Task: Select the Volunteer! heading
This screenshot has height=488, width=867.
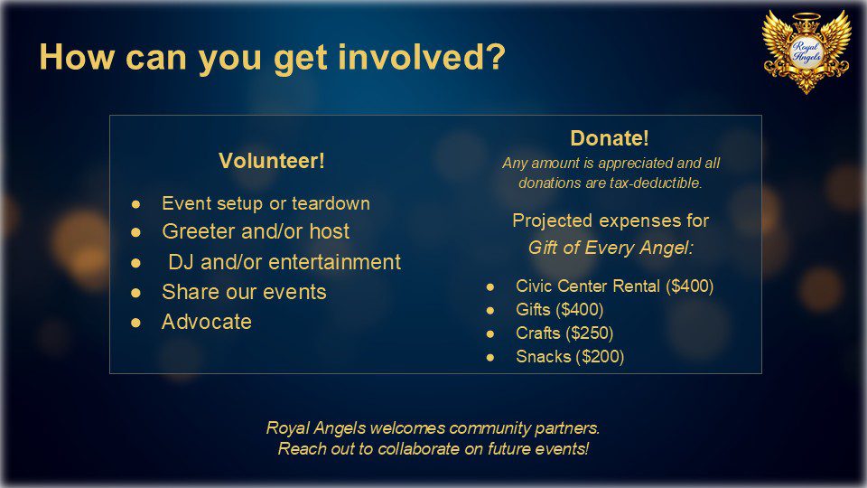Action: [x=272, y=161]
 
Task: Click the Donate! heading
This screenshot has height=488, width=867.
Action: [x=610, y=138]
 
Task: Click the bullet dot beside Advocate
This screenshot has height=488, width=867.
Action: [x=135, y=322]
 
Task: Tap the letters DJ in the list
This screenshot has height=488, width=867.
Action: [x=181, y=262]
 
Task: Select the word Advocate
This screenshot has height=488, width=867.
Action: [x=207, y=322]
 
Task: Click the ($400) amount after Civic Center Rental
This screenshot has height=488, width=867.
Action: [x=689, y=286]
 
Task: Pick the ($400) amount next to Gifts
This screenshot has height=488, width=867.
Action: [x=579, y=309]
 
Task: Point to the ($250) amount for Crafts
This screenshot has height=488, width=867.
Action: [x=590, y=333]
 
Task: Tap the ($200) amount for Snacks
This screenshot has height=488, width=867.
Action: [x=600, y=357]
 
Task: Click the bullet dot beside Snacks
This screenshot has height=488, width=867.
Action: [x=489, y=358]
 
